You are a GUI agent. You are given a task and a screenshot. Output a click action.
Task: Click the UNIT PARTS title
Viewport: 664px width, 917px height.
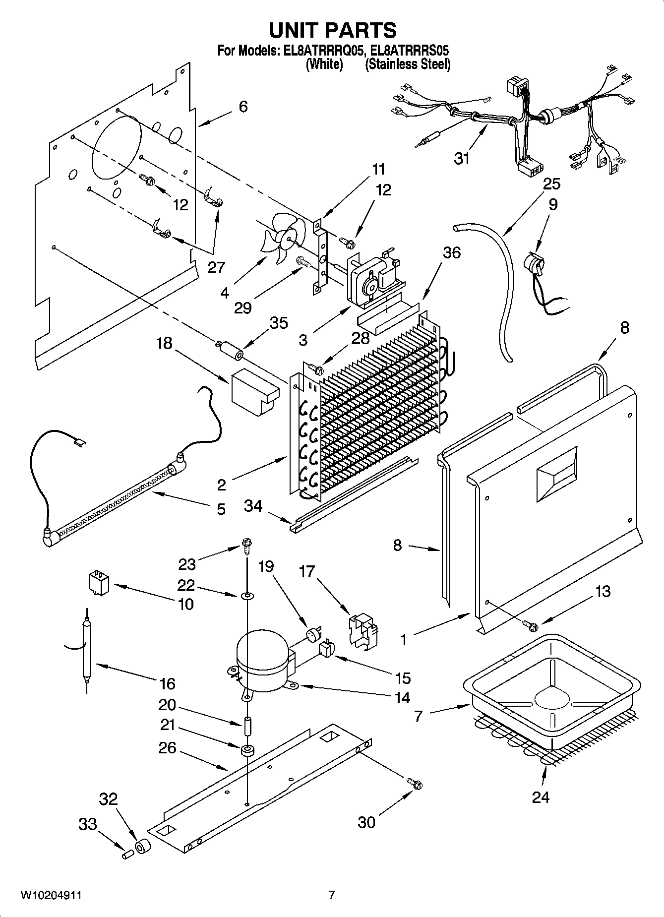332,30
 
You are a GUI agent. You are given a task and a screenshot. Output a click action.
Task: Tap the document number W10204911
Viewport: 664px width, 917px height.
51,895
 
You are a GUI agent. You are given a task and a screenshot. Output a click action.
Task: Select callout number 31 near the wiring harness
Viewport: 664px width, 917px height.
462,159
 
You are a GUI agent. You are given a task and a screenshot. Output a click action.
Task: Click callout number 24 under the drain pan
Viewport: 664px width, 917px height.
541,797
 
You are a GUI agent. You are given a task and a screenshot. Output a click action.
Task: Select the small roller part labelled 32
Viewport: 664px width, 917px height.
143,847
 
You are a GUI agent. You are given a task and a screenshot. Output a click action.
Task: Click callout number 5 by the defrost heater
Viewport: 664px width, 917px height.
221,509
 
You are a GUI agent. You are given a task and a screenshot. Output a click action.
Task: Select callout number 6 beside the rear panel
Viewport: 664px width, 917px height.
243,106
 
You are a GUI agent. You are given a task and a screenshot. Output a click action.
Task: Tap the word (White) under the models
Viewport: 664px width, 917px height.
324,64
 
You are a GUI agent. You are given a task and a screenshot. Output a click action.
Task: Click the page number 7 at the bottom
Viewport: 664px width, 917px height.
332,895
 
